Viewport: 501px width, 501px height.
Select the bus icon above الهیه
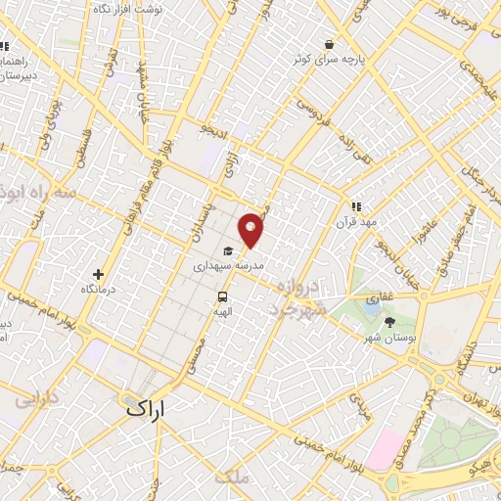tap(223, 296)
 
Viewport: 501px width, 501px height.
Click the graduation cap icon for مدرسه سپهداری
tap(227, 250)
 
